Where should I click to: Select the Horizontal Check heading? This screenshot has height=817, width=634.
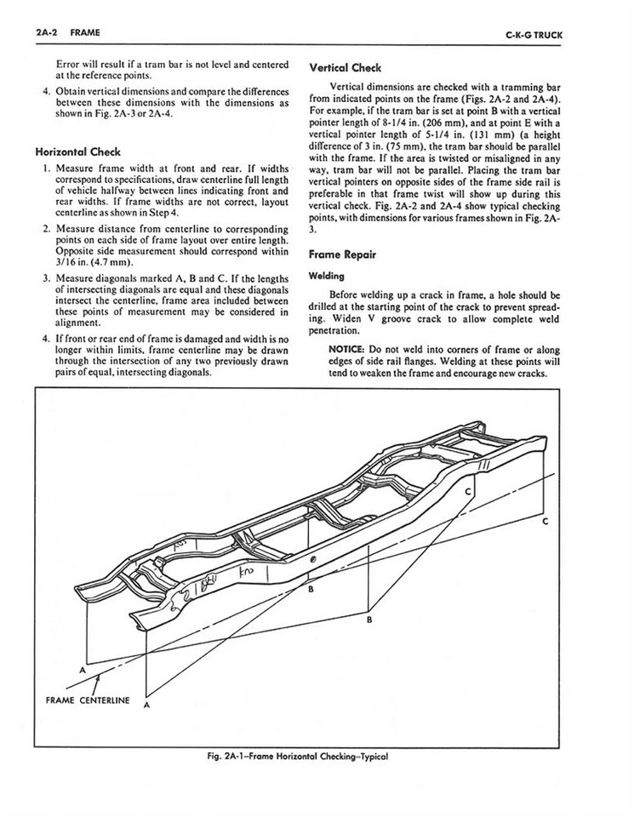(x=77, y=152)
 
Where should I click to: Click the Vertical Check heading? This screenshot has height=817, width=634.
(x=345, y=67)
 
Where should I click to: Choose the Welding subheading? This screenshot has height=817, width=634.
(x=327, y=275)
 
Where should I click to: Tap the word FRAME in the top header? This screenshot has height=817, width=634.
(x=85, y=33)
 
